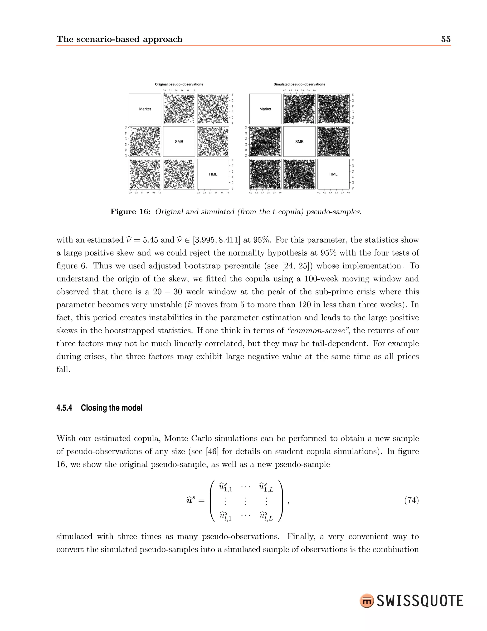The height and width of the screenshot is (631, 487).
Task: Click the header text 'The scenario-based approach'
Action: tap(119, 39)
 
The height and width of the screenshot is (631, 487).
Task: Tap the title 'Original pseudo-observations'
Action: tap(179, 84)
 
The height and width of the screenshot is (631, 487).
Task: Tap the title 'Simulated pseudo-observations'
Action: tap(299, 84)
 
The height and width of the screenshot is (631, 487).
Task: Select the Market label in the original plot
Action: tap(145, 109)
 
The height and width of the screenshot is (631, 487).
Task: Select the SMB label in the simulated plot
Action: tap(299, 142)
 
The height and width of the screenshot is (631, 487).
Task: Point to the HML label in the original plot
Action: tap(213, 174)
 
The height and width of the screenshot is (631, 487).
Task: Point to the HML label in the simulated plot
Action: tap(333, 174)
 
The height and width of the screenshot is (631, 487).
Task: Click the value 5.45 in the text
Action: tap(150, 240)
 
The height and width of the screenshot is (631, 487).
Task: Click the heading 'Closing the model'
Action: tap(112, 408)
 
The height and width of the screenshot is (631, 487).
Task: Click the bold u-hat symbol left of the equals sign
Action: tap(190, 501)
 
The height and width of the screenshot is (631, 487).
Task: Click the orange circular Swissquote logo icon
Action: tap(367, 601)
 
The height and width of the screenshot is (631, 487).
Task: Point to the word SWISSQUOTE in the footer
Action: tap(420, 601)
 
